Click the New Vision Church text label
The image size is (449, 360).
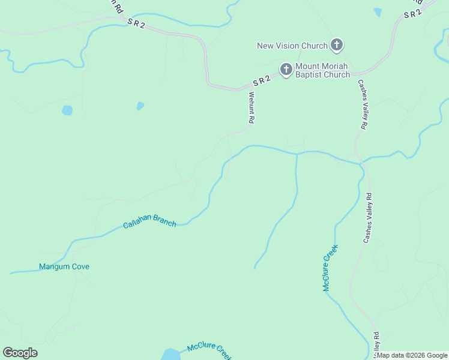[x=292, y=46]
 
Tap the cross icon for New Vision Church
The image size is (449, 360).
[x=337, y=44]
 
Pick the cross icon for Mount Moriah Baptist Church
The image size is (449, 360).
[x=286, y=70]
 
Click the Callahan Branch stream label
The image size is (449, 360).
[x=149, y=221]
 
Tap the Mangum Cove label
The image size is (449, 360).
[x=64, y=266]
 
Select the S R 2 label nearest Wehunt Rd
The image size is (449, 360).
[x=263, y=80]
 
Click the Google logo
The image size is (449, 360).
[x=20, y=352]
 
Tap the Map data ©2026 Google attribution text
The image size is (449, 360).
[x=412, y=355]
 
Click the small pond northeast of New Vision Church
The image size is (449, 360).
[x=378, y=11]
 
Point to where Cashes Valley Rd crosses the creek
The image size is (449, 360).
[x=361, y=163]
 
